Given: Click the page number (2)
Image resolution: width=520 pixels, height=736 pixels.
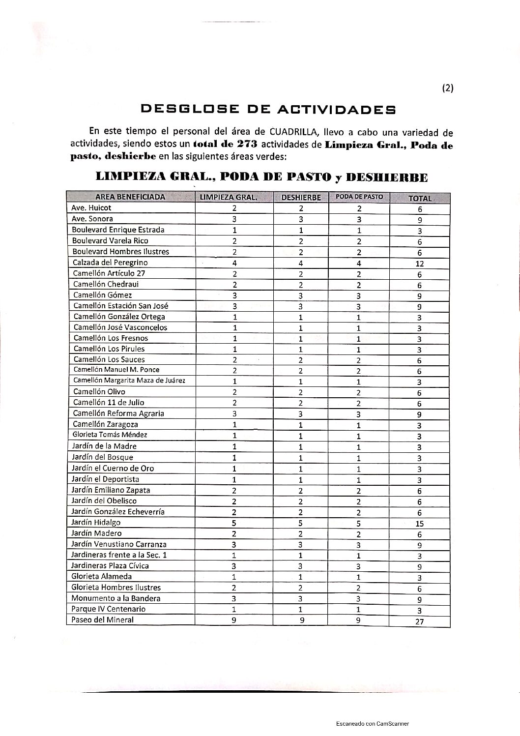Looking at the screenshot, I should pos(447,88).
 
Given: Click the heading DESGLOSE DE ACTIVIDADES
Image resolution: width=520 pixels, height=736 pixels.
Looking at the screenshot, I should pos(268,109).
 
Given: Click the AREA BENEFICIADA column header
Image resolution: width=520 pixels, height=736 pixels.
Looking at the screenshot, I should pos(130,197).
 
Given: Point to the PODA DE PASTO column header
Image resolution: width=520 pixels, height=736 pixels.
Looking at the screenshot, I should pos(359,197).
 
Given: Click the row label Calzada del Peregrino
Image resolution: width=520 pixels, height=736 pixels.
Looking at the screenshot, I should pos(110,263).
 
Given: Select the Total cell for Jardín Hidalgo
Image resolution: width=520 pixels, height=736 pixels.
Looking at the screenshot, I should pos(419,524).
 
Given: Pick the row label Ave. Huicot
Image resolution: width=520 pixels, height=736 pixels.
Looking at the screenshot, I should pos(91,208).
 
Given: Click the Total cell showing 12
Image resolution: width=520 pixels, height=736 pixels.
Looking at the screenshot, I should pos(419,264).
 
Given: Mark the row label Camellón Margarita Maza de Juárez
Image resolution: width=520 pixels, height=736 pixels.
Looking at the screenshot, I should pos(129,381).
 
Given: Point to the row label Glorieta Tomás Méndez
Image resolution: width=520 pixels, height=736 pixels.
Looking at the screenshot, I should pos(110,435).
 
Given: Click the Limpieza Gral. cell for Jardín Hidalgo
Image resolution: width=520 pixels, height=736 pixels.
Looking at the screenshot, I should pos(234,523).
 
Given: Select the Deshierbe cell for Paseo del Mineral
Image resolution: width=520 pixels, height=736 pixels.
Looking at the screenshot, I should pos(302,620).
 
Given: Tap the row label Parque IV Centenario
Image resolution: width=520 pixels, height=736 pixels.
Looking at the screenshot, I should pos(109,609).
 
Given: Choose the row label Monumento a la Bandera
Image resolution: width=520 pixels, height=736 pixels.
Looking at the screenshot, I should pos(116,598).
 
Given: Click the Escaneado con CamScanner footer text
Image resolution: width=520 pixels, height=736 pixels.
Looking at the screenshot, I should pos(373,724).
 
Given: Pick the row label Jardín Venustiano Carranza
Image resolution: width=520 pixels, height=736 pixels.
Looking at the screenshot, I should pos(119,544).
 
